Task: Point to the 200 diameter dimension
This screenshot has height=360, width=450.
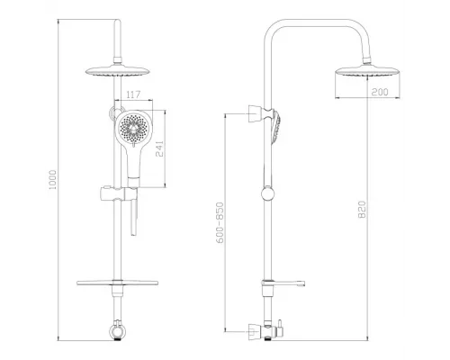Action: (x=357, y=91)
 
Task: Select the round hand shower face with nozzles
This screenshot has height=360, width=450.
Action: (x=131, y=132)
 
